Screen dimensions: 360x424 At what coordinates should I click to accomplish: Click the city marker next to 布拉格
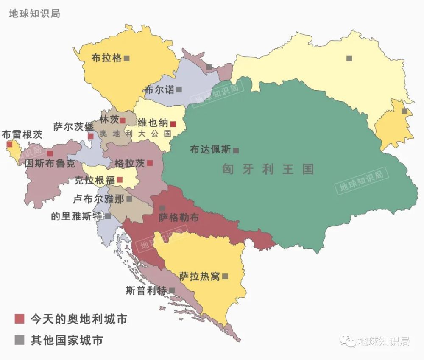pyautogui.click(x=126, y=59)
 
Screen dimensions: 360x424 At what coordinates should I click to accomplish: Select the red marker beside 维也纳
pyautogui.click(x=173, y=124)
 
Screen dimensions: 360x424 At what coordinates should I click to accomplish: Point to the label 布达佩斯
pyautogui.click(x=210, y=150)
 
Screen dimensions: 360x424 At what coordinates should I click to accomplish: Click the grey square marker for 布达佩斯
pyautogui.click(x=236, y=151)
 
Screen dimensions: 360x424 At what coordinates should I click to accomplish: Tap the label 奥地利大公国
pyautogui.click(x=136, y=133)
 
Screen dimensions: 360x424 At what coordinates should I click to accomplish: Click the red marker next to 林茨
pyautogui.click(x=123, y=120)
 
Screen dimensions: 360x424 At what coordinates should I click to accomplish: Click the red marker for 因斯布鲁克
pyautogui.click(x=50, y=153)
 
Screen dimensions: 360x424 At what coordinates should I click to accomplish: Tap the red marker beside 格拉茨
pyautogui.click(x=150, y=163)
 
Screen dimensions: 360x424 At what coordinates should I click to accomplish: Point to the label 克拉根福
pyautogui.click(x=94, y=180)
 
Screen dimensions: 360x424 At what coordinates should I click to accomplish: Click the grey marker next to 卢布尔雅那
pyautogui.click(x=129, y=198)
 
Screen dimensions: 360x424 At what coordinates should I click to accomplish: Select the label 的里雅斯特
pyautogui.click(x=76, y=216)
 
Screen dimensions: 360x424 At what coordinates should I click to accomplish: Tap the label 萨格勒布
pyautogui.click(x=179, y=218)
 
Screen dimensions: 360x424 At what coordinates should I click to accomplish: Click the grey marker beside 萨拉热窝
pyautogui.click(x=225, y=276)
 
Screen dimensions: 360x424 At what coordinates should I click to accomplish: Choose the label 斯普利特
pyautogui.click(x=146, y=290)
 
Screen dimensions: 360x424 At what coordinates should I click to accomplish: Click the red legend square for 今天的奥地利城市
pyautogui.click(x=20, y=319)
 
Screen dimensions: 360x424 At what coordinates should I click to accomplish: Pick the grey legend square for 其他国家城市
pyautogui.click(x=20, y=340)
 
